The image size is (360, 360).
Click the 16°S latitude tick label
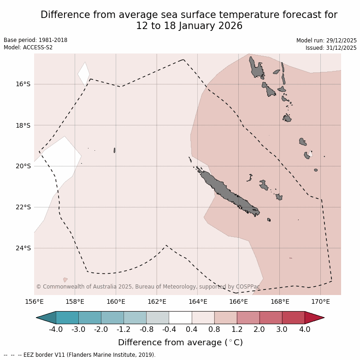click(x=23, y=84)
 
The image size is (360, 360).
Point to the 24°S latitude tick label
click(x=23, y=248)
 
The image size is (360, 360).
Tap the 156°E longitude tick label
click(x=34, y=301)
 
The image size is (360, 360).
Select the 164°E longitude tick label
click(x=198, y=301)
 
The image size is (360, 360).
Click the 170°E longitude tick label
click(x=320, y=301)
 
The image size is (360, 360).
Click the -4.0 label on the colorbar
click(x=56, y=330)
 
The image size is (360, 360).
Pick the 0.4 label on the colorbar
click(x=192, y=330)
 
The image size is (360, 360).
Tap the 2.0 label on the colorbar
click(x=260, y=330)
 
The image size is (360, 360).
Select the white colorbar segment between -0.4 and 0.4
click(x=180, y=318)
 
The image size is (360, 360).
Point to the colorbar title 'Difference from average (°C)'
click(x=180, y=342)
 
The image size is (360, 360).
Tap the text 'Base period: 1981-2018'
click(x=35, y=40)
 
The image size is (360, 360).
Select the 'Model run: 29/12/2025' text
click(x=326, y=41)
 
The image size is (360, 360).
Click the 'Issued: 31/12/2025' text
click(x=331, y=48)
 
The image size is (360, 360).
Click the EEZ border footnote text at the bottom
click(x=80, y=355)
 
